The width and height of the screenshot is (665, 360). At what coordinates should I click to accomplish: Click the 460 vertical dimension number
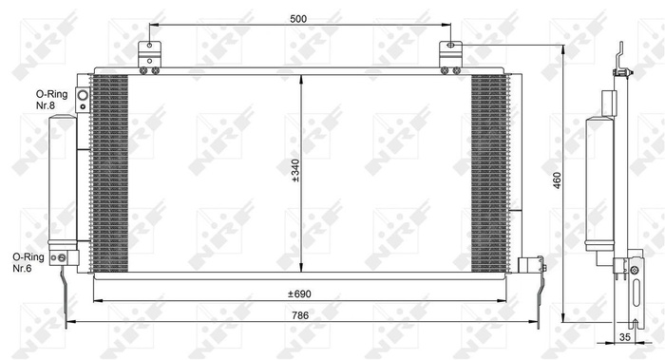tap(558, 180)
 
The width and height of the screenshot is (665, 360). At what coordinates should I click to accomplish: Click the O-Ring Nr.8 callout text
tap(49, 100)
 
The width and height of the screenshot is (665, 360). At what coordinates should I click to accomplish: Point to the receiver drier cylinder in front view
tap(63, 180)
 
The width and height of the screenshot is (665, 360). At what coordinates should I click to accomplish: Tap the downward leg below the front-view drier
tap(65, 294)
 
